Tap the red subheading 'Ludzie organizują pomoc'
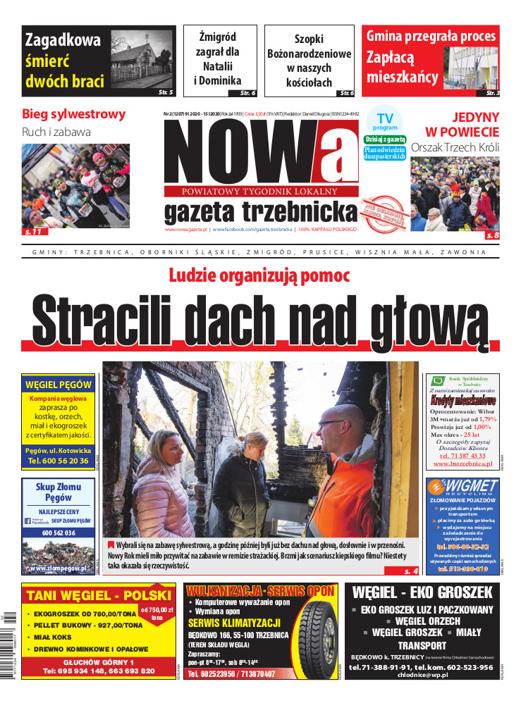pos(259,276)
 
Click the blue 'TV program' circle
pos(385,120)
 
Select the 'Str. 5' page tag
pos(166,92)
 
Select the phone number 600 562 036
pos(58,533)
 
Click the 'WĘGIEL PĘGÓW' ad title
pos(59,385)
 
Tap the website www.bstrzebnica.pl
pos(462,464)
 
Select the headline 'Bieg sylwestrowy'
pos(73,114)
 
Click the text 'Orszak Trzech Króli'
pos(455,148)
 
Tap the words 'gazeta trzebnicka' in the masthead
pos(259,211)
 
